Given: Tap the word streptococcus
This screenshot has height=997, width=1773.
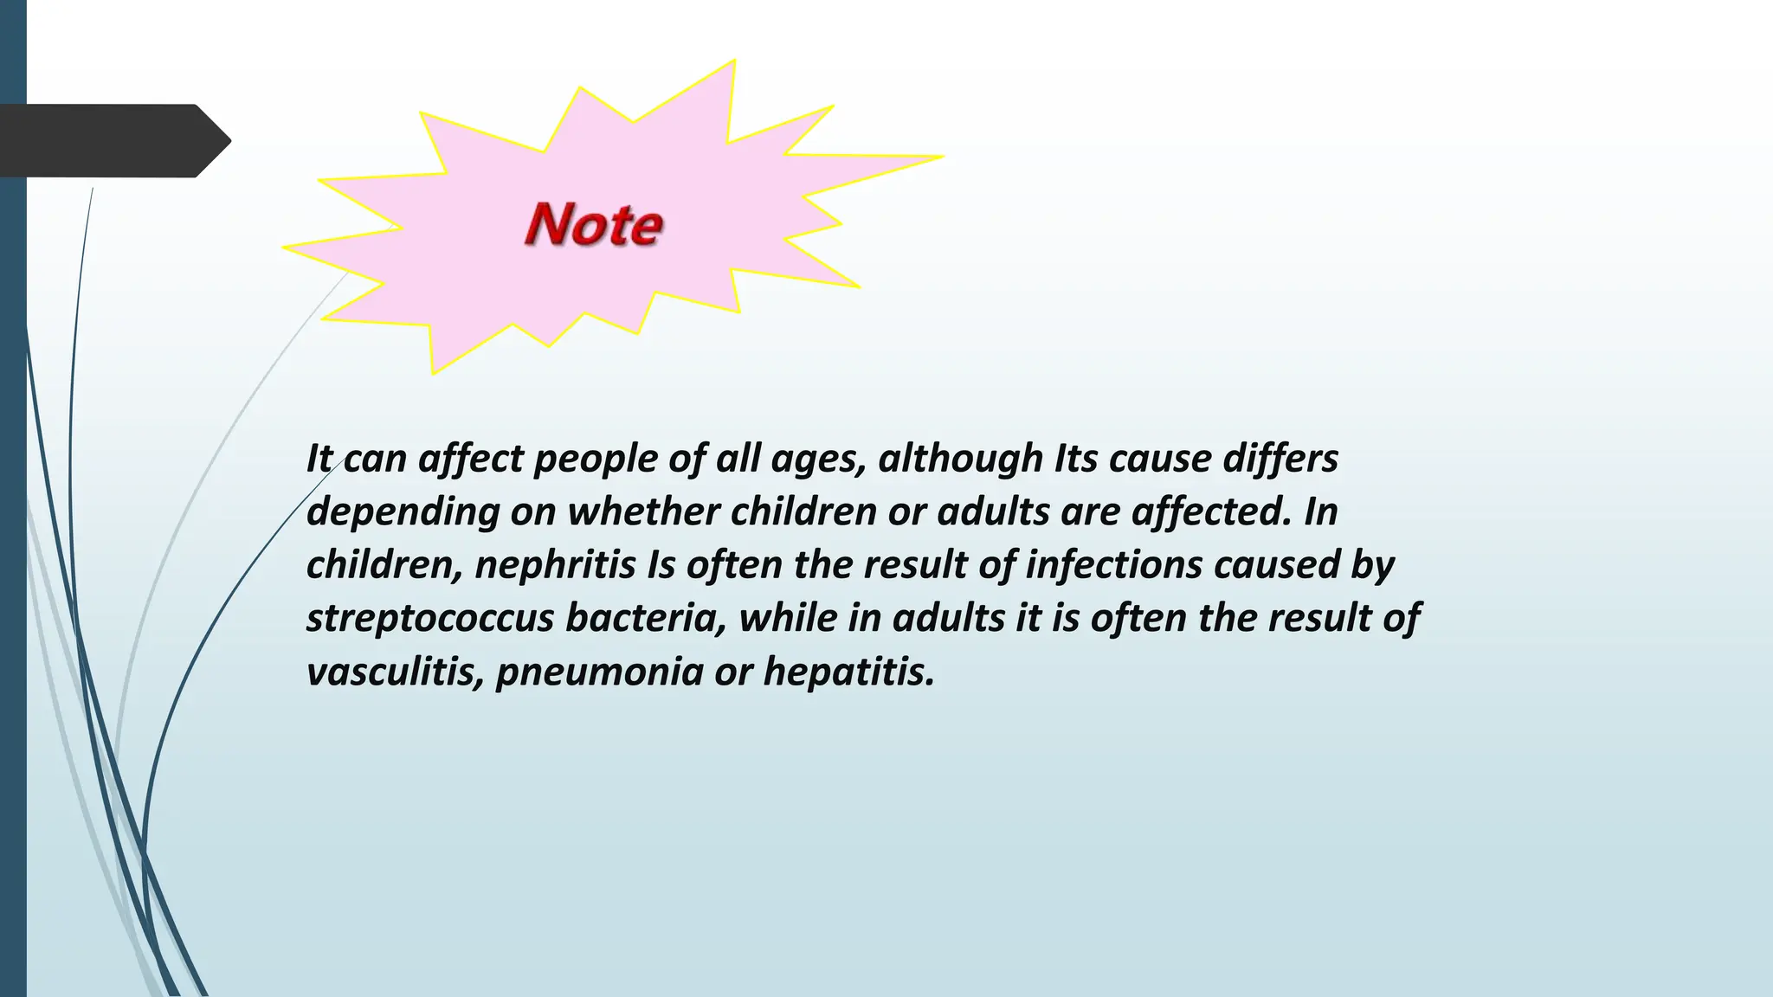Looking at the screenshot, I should (x=429, y=619).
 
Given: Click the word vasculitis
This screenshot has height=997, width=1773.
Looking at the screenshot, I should (x=395, y=672).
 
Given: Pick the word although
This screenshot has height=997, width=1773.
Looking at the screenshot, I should (x=961, y=459).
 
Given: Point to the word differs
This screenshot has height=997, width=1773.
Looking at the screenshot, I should (x=1280, y=459).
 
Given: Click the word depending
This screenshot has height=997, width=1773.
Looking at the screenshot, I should (x=403, y=512).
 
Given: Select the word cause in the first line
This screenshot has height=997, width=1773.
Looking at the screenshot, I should (x=1160, y=459).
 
